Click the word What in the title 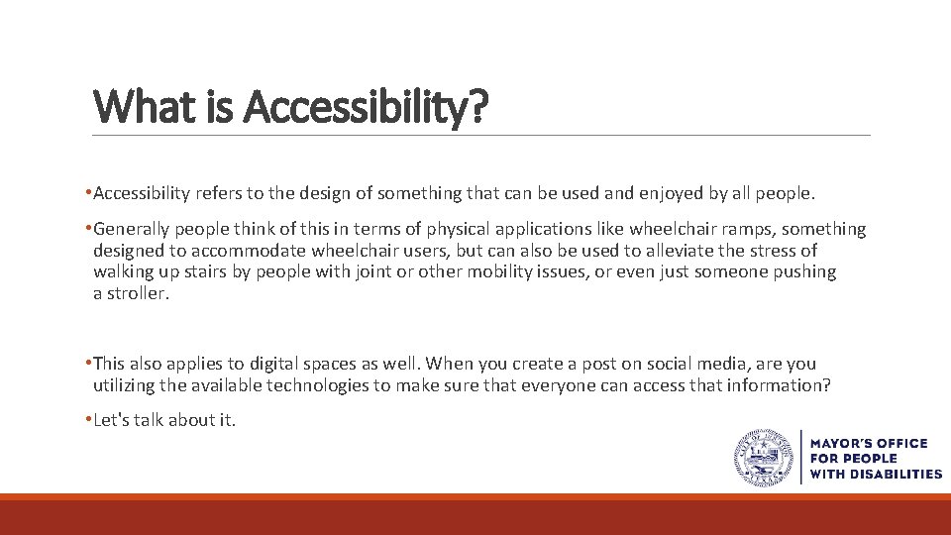pos(135,106)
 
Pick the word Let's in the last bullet pos(112,420)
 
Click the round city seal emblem pos(764,459)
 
